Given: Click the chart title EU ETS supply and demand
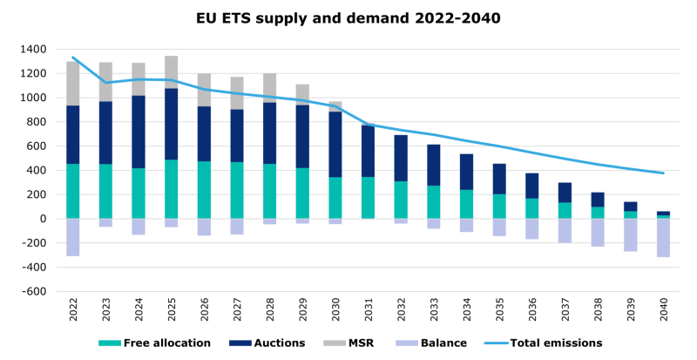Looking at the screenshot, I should pyautogui.click(x=348, y=17).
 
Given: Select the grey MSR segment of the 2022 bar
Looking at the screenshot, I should pyautogui.click(x=73, y=84).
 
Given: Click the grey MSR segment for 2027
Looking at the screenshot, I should pyautogui.click(x=237, y=93).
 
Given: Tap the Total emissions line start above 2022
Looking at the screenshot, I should pyautogui.click(x=73, y=58).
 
